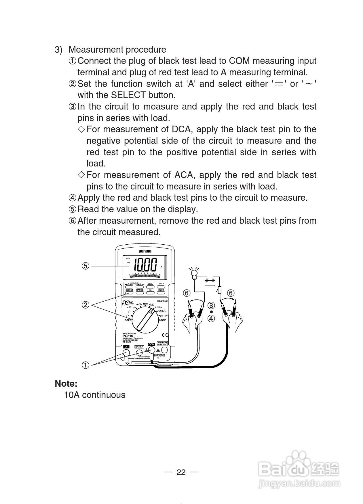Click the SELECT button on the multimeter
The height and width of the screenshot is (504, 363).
point(129,292)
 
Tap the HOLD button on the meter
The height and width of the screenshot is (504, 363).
point(161,292)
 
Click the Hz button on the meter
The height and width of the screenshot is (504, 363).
point(150,292)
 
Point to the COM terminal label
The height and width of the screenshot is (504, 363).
point(151,344)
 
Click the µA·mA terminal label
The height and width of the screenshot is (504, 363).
point(139,347)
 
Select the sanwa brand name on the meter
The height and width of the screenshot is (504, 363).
point(145,251)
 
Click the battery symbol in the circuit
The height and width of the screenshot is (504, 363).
point(210,282)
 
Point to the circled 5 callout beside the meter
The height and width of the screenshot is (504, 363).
point(85,266)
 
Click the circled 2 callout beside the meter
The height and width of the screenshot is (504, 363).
point(85,305)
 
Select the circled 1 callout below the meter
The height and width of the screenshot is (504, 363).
point(85,365)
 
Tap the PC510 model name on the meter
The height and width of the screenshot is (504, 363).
point(128,336)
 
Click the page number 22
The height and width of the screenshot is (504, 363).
point(181,472)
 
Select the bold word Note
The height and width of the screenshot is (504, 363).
point(66,384)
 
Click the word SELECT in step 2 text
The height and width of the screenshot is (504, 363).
point(128,95)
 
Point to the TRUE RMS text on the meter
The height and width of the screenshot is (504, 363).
point(162,301)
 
